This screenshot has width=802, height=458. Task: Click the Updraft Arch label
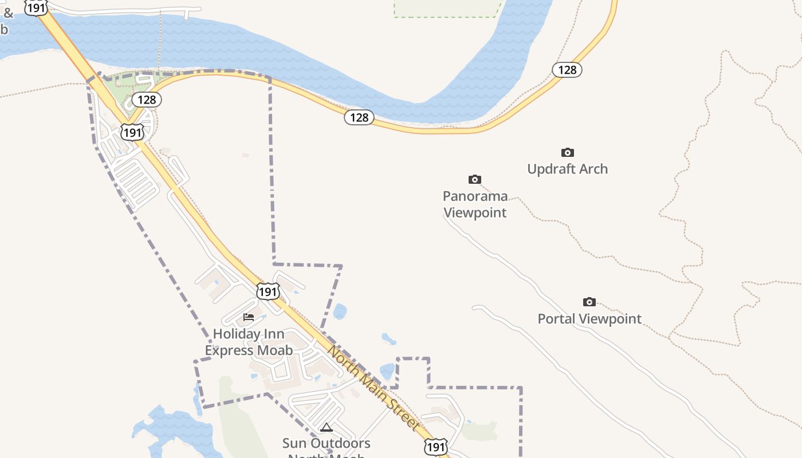pos(567,169)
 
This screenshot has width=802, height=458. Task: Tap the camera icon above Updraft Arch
pos(568,152)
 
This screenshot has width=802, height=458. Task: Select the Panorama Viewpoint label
pos(475,204)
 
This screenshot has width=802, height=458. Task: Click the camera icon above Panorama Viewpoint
pos(475,180)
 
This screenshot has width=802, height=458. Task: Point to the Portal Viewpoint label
pos(589,319)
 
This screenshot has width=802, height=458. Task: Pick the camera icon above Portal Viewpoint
pos(589,302)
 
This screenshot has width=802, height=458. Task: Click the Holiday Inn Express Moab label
pos(249,342)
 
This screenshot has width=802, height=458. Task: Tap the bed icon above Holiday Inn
pos(249,317)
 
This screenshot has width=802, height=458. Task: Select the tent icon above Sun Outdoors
pos(327,427)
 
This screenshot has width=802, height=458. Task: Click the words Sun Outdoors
pos(327,443)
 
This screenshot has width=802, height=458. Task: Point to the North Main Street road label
pos(373,387)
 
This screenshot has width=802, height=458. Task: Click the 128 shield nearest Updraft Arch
pos(567,70)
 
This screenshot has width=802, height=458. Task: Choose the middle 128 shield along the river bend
pos(359,117)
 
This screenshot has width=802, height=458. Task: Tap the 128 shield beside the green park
pos(147,100)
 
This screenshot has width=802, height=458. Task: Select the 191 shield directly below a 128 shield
pos(132,133)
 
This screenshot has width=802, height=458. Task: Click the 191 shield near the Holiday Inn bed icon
pos(268,291)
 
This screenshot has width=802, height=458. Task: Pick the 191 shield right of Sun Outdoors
pos(435,447)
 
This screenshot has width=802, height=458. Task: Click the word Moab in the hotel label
pos(273,350)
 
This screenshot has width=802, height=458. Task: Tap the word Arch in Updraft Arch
pos(593,169)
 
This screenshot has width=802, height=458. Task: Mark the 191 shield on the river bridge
pos(36,8)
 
